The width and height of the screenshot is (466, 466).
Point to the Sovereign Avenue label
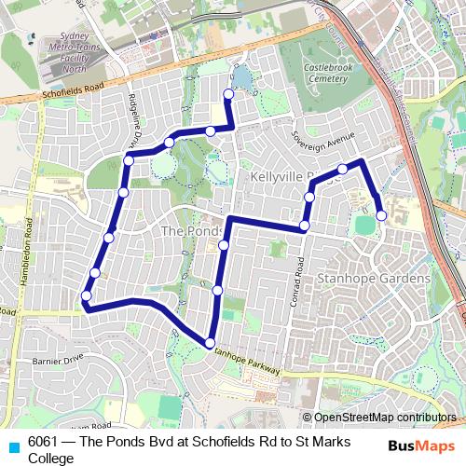coord(325,140)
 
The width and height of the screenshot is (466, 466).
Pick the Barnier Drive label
coord(58,358)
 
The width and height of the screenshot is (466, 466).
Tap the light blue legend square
coord(12,446)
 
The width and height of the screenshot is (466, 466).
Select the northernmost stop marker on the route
coord(228,93)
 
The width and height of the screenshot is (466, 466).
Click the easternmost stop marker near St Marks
coord(381,216)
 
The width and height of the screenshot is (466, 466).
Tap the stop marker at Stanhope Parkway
coord(211,341)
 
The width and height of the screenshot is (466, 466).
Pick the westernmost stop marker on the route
coord(86,296)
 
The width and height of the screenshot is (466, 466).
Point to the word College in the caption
coord(50,458)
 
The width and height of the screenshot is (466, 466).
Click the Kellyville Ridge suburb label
coord(287,176)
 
